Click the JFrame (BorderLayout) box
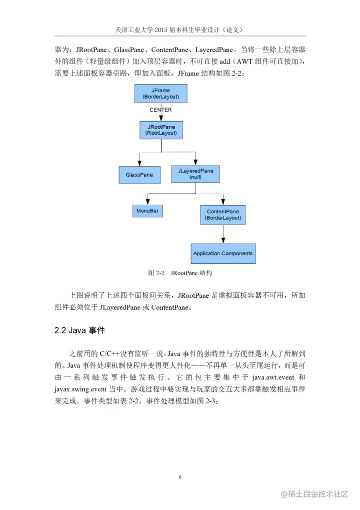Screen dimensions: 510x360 [160, 94]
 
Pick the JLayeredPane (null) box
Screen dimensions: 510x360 [195, 174]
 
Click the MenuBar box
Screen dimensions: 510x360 [147, 211]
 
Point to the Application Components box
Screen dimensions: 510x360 [223, 253]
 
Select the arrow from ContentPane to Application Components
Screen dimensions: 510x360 [223, 234]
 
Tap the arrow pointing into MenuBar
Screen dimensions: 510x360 [147, 199]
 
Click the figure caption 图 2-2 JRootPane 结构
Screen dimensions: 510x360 [180, 273]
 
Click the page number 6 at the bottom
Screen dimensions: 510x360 [180, 477]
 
